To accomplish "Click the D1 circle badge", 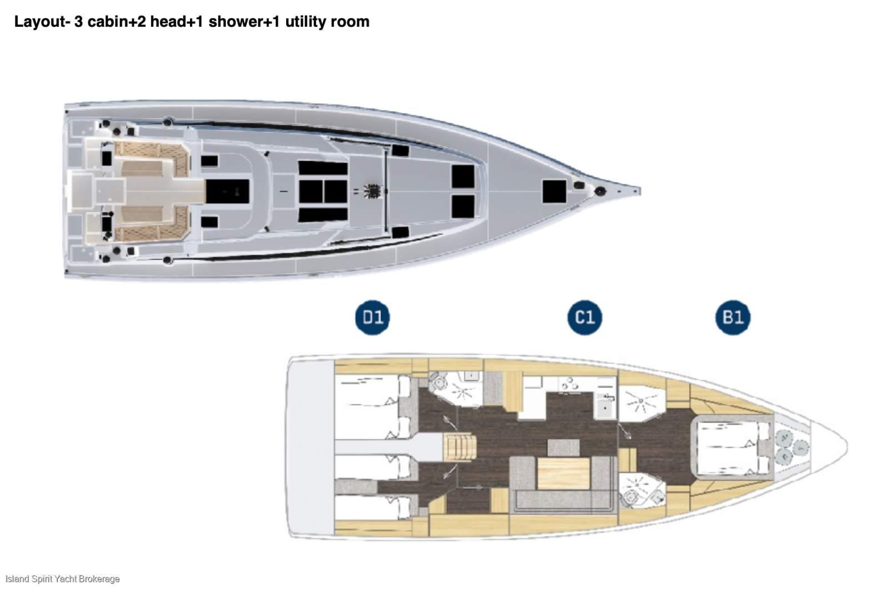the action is [x=372, y=318].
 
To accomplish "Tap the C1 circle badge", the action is [x=585, y=318].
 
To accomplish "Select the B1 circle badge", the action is [x=733, y=318].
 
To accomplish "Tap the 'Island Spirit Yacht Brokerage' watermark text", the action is [x=63, y=579].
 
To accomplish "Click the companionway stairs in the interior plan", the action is [x=460, y=447].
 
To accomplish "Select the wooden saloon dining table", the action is [x=563, y=473].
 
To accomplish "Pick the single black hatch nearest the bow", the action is [x=555, y=191].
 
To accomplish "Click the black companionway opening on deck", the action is [x=227, y=191].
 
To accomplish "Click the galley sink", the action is [x=605, y=407].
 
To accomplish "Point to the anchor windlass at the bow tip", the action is [x=600, y=191].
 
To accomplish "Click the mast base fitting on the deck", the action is [x=372, y=191].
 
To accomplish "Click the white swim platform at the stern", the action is [x=310, y=447].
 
